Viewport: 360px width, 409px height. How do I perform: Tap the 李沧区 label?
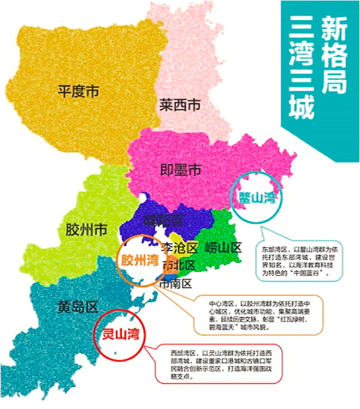pyautogui.click(x=179, y=248)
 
